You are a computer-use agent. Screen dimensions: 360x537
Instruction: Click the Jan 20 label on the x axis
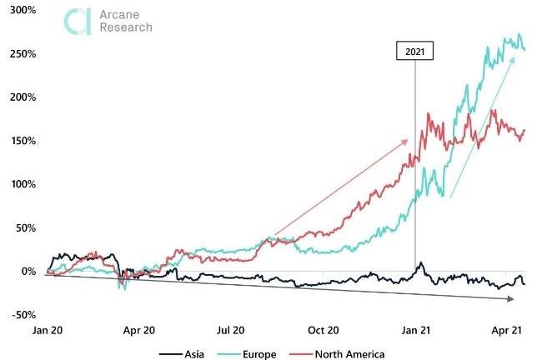pos(48,330)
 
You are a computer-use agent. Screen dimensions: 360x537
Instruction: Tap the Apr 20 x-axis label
pos(139,330)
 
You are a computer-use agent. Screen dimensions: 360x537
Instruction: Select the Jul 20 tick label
pos(231,330)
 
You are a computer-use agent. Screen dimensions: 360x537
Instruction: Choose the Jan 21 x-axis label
pos(415,330)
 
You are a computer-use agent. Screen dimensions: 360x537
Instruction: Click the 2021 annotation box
pos(414,52)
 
